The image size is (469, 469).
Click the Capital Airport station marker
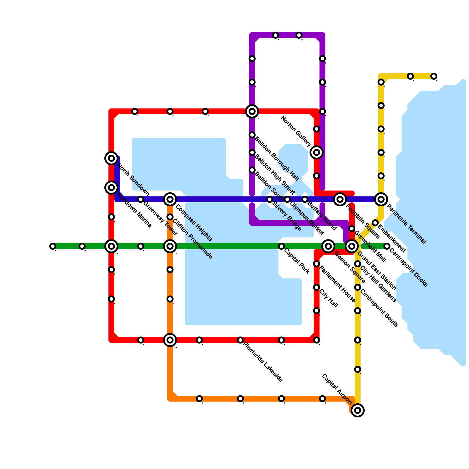pyautogui.click(x=358, y=410)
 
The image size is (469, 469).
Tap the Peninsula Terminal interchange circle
pyautogui.click(x=381, y=199)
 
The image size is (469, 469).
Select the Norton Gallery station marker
pyautogui.click(x=317, y=152)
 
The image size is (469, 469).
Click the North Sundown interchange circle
pyautogui.click(x=111, y=158)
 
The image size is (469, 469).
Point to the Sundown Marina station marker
pyautogui.click(x=111, y=187)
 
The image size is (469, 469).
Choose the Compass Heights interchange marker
pyautogui.click(x=170, y=199)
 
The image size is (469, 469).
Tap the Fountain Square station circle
pyautogui.click(x=340, y=199)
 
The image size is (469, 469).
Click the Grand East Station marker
pyautogui.click(x=352, y=246)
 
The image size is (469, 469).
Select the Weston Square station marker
pyautogui.click(x=328, y=246)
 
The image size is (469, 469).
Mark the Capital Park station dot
pyautogui.click(x=281, y=246)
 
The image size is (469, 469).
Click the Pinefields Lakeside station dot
pyautogui.click(x=240, y=340)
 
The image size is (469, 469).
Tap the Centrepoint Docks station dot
pyautogui.click(x=387, y=246)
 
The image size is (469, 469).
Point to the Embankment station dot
pyautogui.click(x=375, y=223)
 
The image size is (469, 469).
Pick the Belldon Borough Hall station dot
pyautogui.click(x=252, y=135)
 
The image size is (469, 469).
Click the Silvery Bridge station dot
pyautogui.click(x=270, y=199)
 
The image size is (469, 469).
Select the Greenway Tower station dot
pyautogui.click(x=141, y=199)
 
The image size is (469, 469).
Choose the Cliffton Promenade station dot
pyautogui.click(x=170, y=217)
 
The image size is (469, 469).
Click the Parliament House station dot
pyautogui.click(x=317, y=264)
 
